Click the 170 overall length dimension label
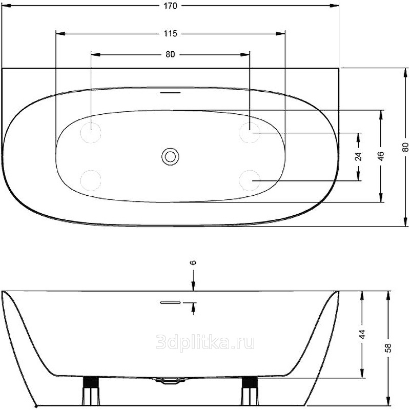point(170,6)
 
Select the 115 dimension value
point(170,33)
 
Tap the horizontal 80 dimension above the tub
point(170,54)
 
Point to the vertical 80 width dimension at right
point(405,147)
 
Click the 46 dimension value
point(381,156)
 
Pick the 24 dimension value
point(358,156)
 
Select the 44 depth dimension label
point(362,334)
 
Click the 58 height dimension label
point(388,348)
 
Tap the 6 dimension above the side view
point(193,262)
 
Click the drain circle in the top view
point(170,157)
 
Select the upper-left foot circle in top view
point(91,133)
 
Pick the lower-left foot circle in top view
point(91,180)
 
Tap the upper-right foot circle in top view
point(250,133)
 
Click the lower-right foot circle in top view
point(250,180)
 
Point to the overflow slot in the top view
point(170,93)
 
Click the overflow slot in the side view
point(170,302)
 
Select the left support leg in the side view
point(91,391)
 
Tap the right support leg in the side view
point(250,391)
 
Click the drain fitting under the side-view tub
point(170,380)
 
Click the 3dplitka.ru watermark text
point(205,343)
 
